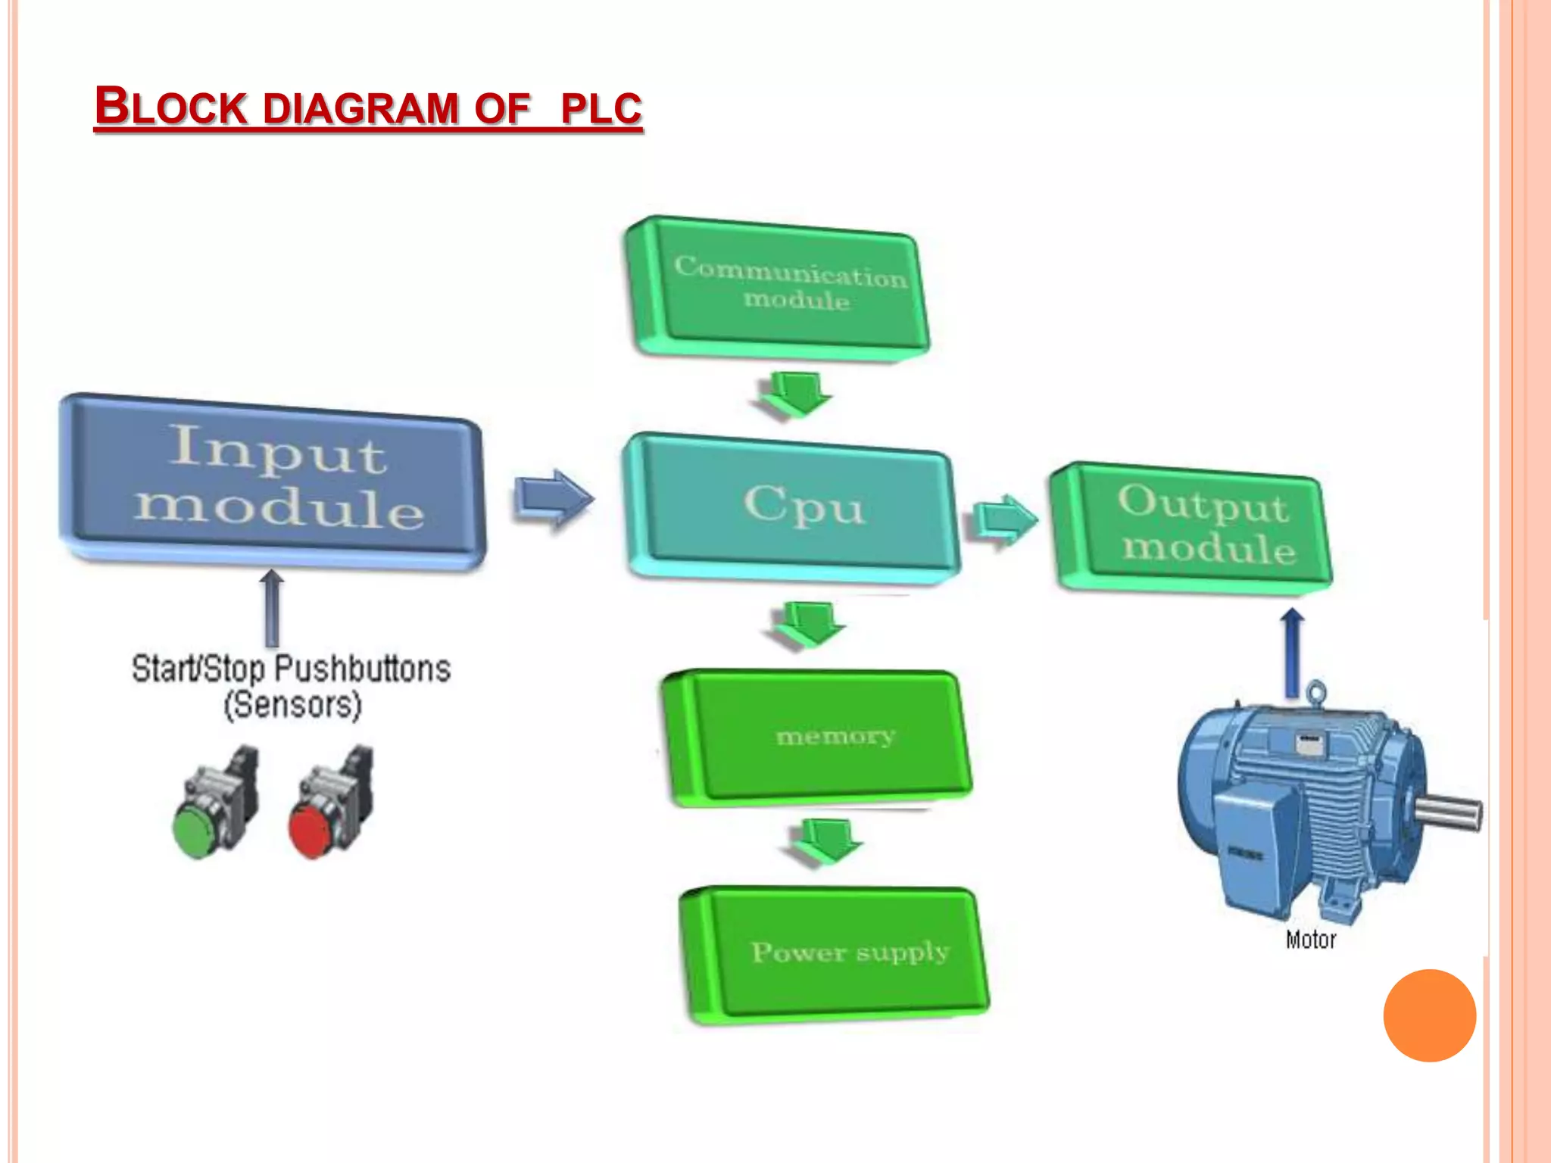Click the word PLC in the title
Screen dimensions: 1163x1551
601,108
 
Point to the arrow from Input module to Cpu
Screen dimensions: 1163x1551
554,498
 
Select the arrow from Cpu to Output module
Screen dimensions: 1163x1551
1004,519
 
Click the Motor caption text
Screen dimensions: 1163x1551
1310,940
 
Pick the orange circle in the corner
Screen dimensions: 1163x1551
1429,1015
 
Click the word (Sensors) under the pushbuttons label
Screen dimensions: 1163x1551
293,705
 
